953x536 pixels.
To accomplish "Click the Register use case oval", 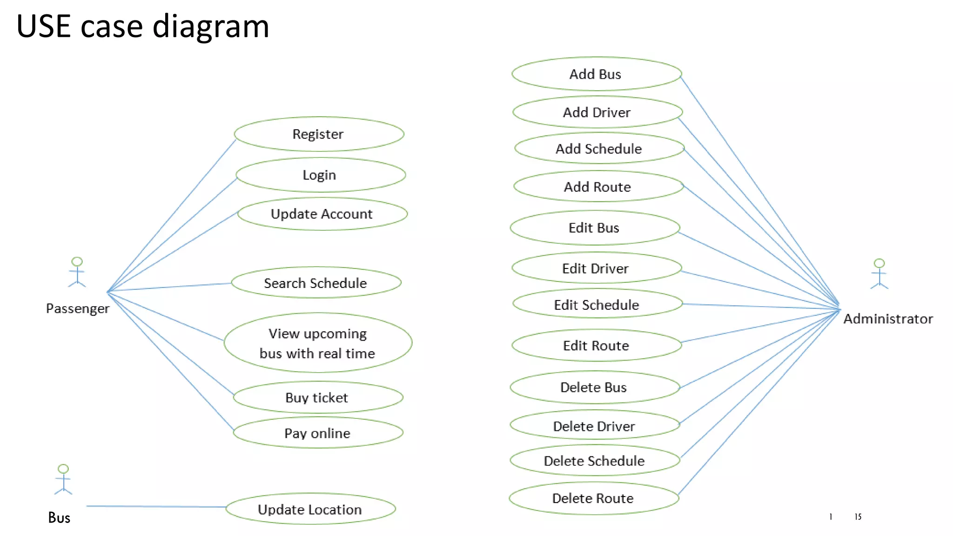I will (x=319, y=134).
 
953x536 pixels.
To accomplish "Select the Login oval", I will (x=320, y=175).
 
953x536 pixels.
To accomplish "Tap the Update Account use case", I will (x=322, y=214).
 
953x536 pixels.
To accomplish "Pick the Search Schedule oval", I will (x=316, y=283).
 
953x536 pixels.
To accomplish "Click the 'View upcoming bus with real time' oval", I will (x=318, y=343).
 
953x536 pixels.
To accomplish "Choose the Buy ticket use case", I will (x=318, y=397).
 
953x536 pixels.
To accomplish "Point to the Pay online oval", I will (x=318, y=433).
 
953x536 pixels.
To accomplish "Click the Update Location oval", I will (x=310, y=509).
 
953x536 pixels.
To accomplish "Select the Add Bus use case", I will (x=596, y=74).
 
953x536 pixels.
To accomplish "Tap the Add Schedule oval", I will (x=599, y=148).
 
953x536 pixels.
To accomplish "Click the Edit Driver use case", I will (x=596, y=268).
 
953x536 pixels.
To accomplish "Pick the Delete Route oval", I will (x=593, y=498).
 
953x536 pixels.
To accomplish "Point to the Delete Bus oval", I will (x=594, y=387).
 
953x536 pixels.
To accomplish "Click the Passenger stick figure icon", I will (x=77, y=272).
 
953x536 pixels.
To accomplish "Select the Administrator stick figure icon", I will (x=879, y=274).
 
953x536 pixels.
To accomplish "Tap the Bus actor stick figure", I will (x=63, y=479).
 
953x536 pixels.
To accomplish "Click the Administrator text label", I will (x=888, y=319).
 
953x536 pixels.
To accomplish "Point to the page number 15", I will (x=858, y=516).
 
